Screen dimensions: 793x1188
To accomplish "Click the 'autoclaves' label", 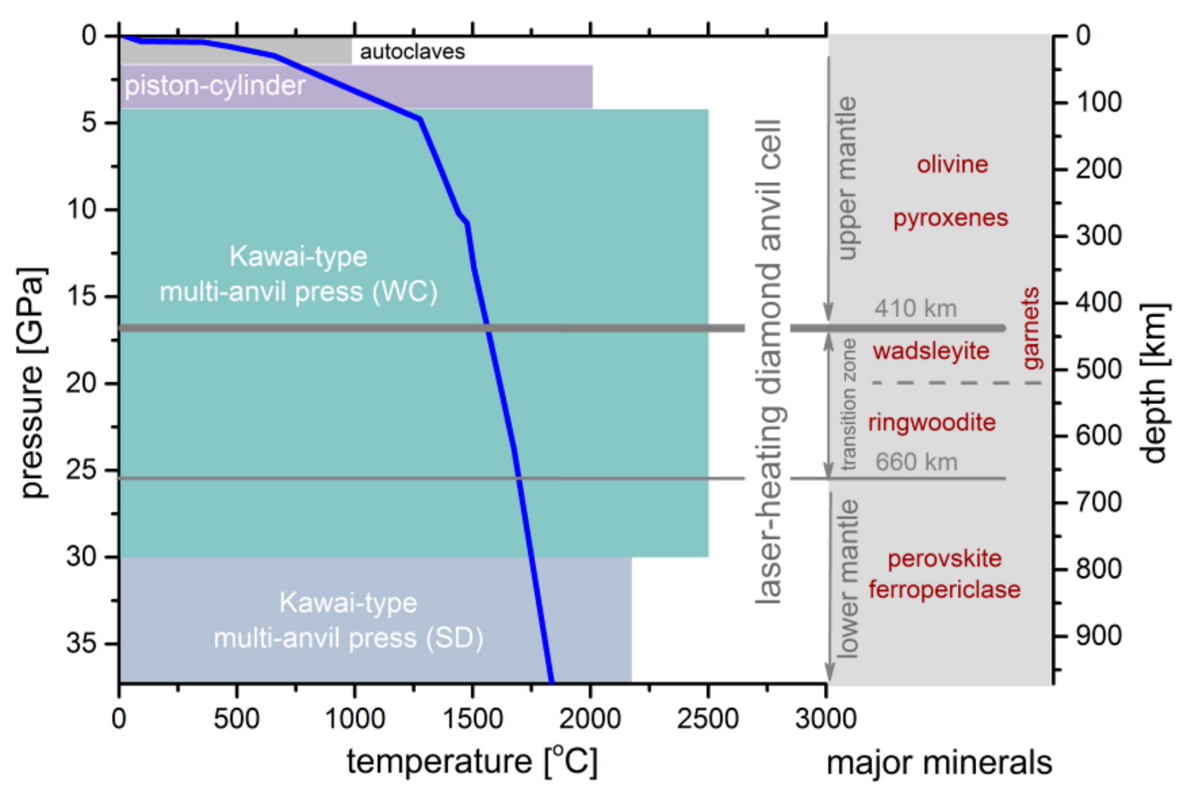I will click(412, 52).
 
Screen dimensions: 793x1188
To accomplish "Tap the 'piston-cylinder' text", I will click(215, 86).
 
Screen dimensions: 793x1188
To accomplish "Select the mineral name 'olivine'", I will click(952, 165).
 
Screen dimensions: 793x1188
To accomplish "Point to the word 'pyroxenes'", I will click(950, 218).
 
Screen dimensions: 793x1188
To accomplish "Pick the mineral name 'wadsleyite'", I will click(931, 350).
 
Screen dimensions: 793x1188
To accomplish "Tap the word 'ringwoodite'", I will click(931, 422).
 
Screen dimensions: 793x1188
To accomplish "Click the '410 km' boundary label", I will click(915, 309).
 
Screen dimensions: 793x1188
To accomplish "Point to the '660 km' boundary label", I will click(916, 462).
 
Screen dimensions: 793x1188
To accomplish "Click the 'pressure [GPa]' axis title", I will click(34, 382).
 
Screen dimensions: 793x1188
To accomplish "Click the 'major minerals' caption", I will click(939, 763).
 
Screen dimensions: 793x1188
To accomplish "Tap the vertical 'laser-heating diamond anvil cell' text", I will click(769, 362).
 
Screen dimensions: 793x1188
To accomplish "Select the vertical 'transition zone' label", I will click(848, 404).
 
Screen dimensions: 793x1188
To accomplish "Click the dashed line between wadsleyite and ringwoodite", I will click(955, 383).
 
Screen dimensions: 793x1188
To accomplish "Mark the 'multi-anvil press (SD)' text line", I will click(348, 638).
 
